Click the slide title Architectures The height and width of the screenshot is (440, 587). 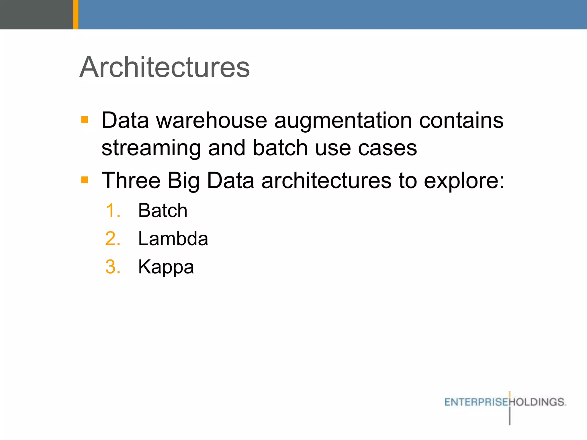click(x=165, y=67)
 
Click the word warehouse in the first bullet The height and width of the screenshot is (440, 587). click(x=212, y=120)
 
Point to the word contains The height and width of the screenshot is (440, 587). click(x=461, y=120)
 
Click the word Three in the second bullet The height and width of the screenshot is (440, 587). click(x=131, y=180)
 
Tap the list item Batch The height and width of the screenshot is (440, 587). click(x=163, y=211)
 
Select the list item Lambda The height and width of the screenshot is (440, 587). click(x=173, y=239)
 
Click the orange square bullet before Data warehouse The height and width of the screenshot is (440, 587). click(x=85, y=119)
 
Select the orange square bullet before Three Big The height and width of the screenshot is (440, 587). click(x=85, y=180)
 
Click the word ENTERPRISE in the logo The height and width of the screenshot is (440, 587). click(x=476, y=402)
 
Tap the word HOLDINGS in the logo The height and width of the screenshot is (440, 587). click(x=537, y=402)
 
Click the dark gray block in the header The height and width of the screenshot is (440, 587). click(x=36, y=14)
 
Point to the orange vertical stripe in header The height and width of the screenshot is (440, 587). click(x=76, y=14)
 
